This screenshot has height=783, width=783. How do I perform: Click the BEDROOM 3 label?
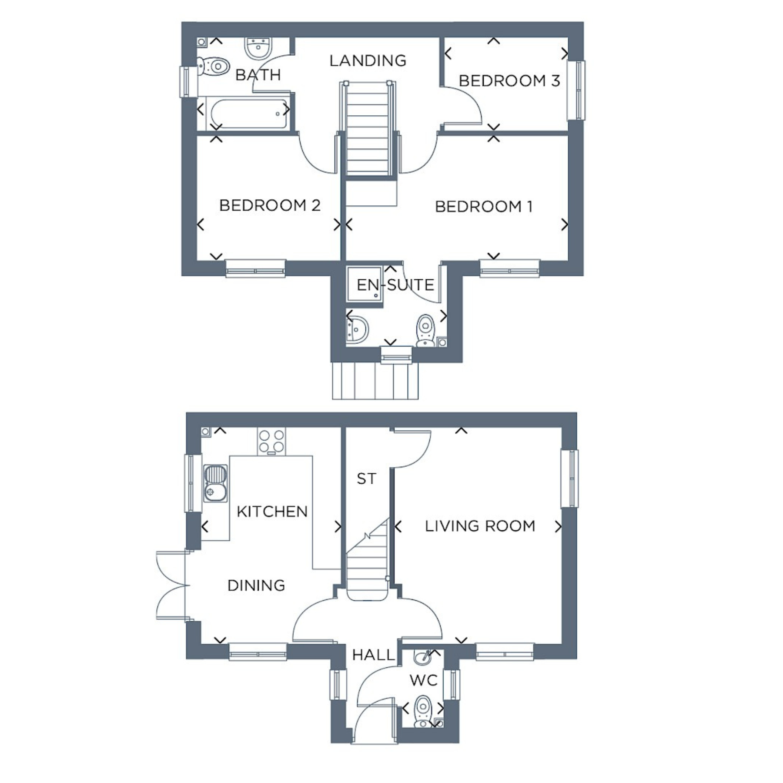tap(509, 81)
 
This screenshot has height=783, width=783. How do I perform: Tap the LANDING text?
tap(368, 60)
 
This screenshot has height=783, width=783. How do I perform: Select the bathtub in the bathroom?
tap(249, 114)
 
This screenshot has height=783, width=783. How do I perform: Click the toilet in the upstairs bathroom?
tap(214, 67)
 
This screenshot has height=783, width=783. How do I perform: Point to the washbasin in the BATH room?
tap(258, 48)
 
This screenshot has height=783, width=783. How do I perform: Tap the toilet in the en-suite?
tap(425, 331)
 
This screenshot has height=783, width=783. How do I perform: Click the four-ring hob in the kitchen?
tap(271, 442)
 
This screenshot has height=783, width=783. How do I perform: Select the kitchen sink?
tap(215, 483)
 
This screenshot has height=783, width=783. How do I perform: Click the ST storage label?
tap(366, 479)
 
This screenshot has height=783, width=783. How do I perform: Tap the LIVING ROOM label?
tap(480, 526)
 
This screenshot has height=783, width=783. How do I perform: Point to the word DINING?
tap(256, 586)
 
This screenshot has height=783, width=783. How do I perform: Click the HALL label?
tap(373, 655)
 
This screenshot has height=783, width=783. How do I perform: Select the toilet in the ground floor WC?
tap(422, 712)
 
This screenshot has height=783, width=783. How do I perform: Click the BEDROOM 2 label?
tap(270, 205)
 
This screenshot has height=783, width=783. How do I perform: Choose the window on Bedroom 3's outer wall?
tap(576, 90)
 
